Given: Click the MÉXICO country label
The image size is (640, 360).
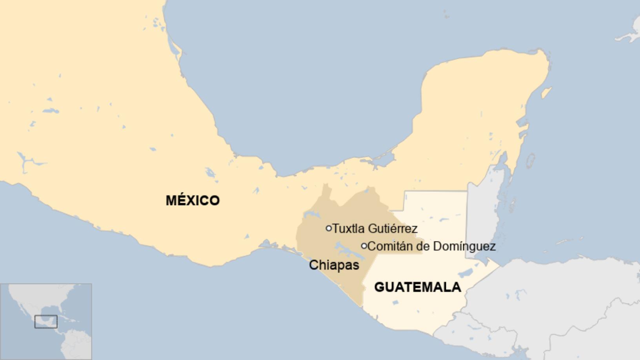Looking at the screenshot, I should pos(193,200).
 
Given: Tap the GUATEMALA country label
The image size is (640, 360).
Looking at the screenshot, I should pos(418,287).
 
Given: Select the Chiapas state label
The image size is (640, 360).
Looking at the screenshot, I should pos(334,265).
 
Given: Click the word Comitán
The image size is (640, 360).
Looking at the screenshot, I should pos(386,246).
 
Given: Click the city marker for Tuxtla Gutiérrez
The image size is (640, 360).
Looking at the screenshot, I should pos(329,228).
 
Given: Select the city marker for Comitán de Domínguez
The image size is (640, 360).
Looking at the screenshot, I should pos(364,246).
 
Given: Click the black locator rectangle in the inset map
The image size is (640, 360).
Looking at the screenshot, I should pos(46,322).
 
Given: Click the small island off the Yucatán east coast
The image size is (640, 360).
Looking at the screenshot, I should pos(530,160).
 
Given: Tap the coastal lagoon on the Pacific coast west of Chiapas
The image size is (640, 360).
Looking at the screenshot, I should pos(271,245).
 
